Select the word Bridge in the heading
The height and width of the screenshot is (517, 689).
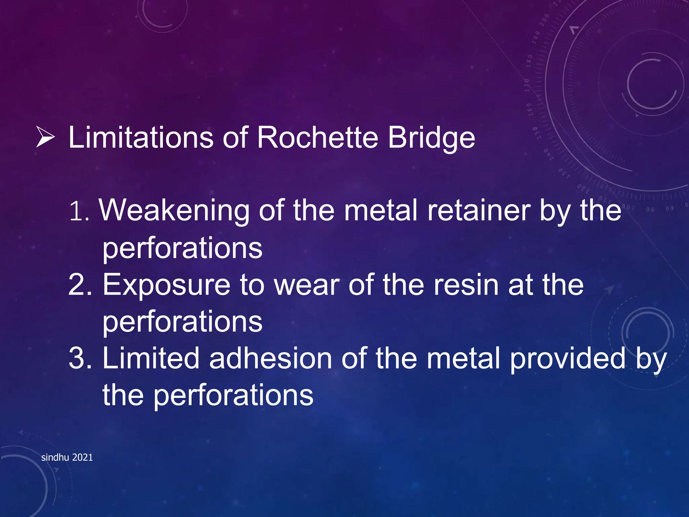click(431, 138)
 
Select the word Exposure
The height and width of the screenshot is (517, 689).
click(166, 285)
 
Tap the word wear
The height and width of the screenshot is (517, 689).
click(306, 285)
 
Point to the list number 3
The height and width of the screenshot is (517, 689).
click(79, 358)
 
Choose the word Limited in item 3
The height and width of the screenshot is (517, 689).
click(151, 358)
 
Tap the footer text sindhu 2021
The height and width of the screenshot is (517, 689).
click(67, 457)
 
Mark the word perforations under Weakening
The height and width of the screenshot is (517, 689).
click(182, 248)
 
